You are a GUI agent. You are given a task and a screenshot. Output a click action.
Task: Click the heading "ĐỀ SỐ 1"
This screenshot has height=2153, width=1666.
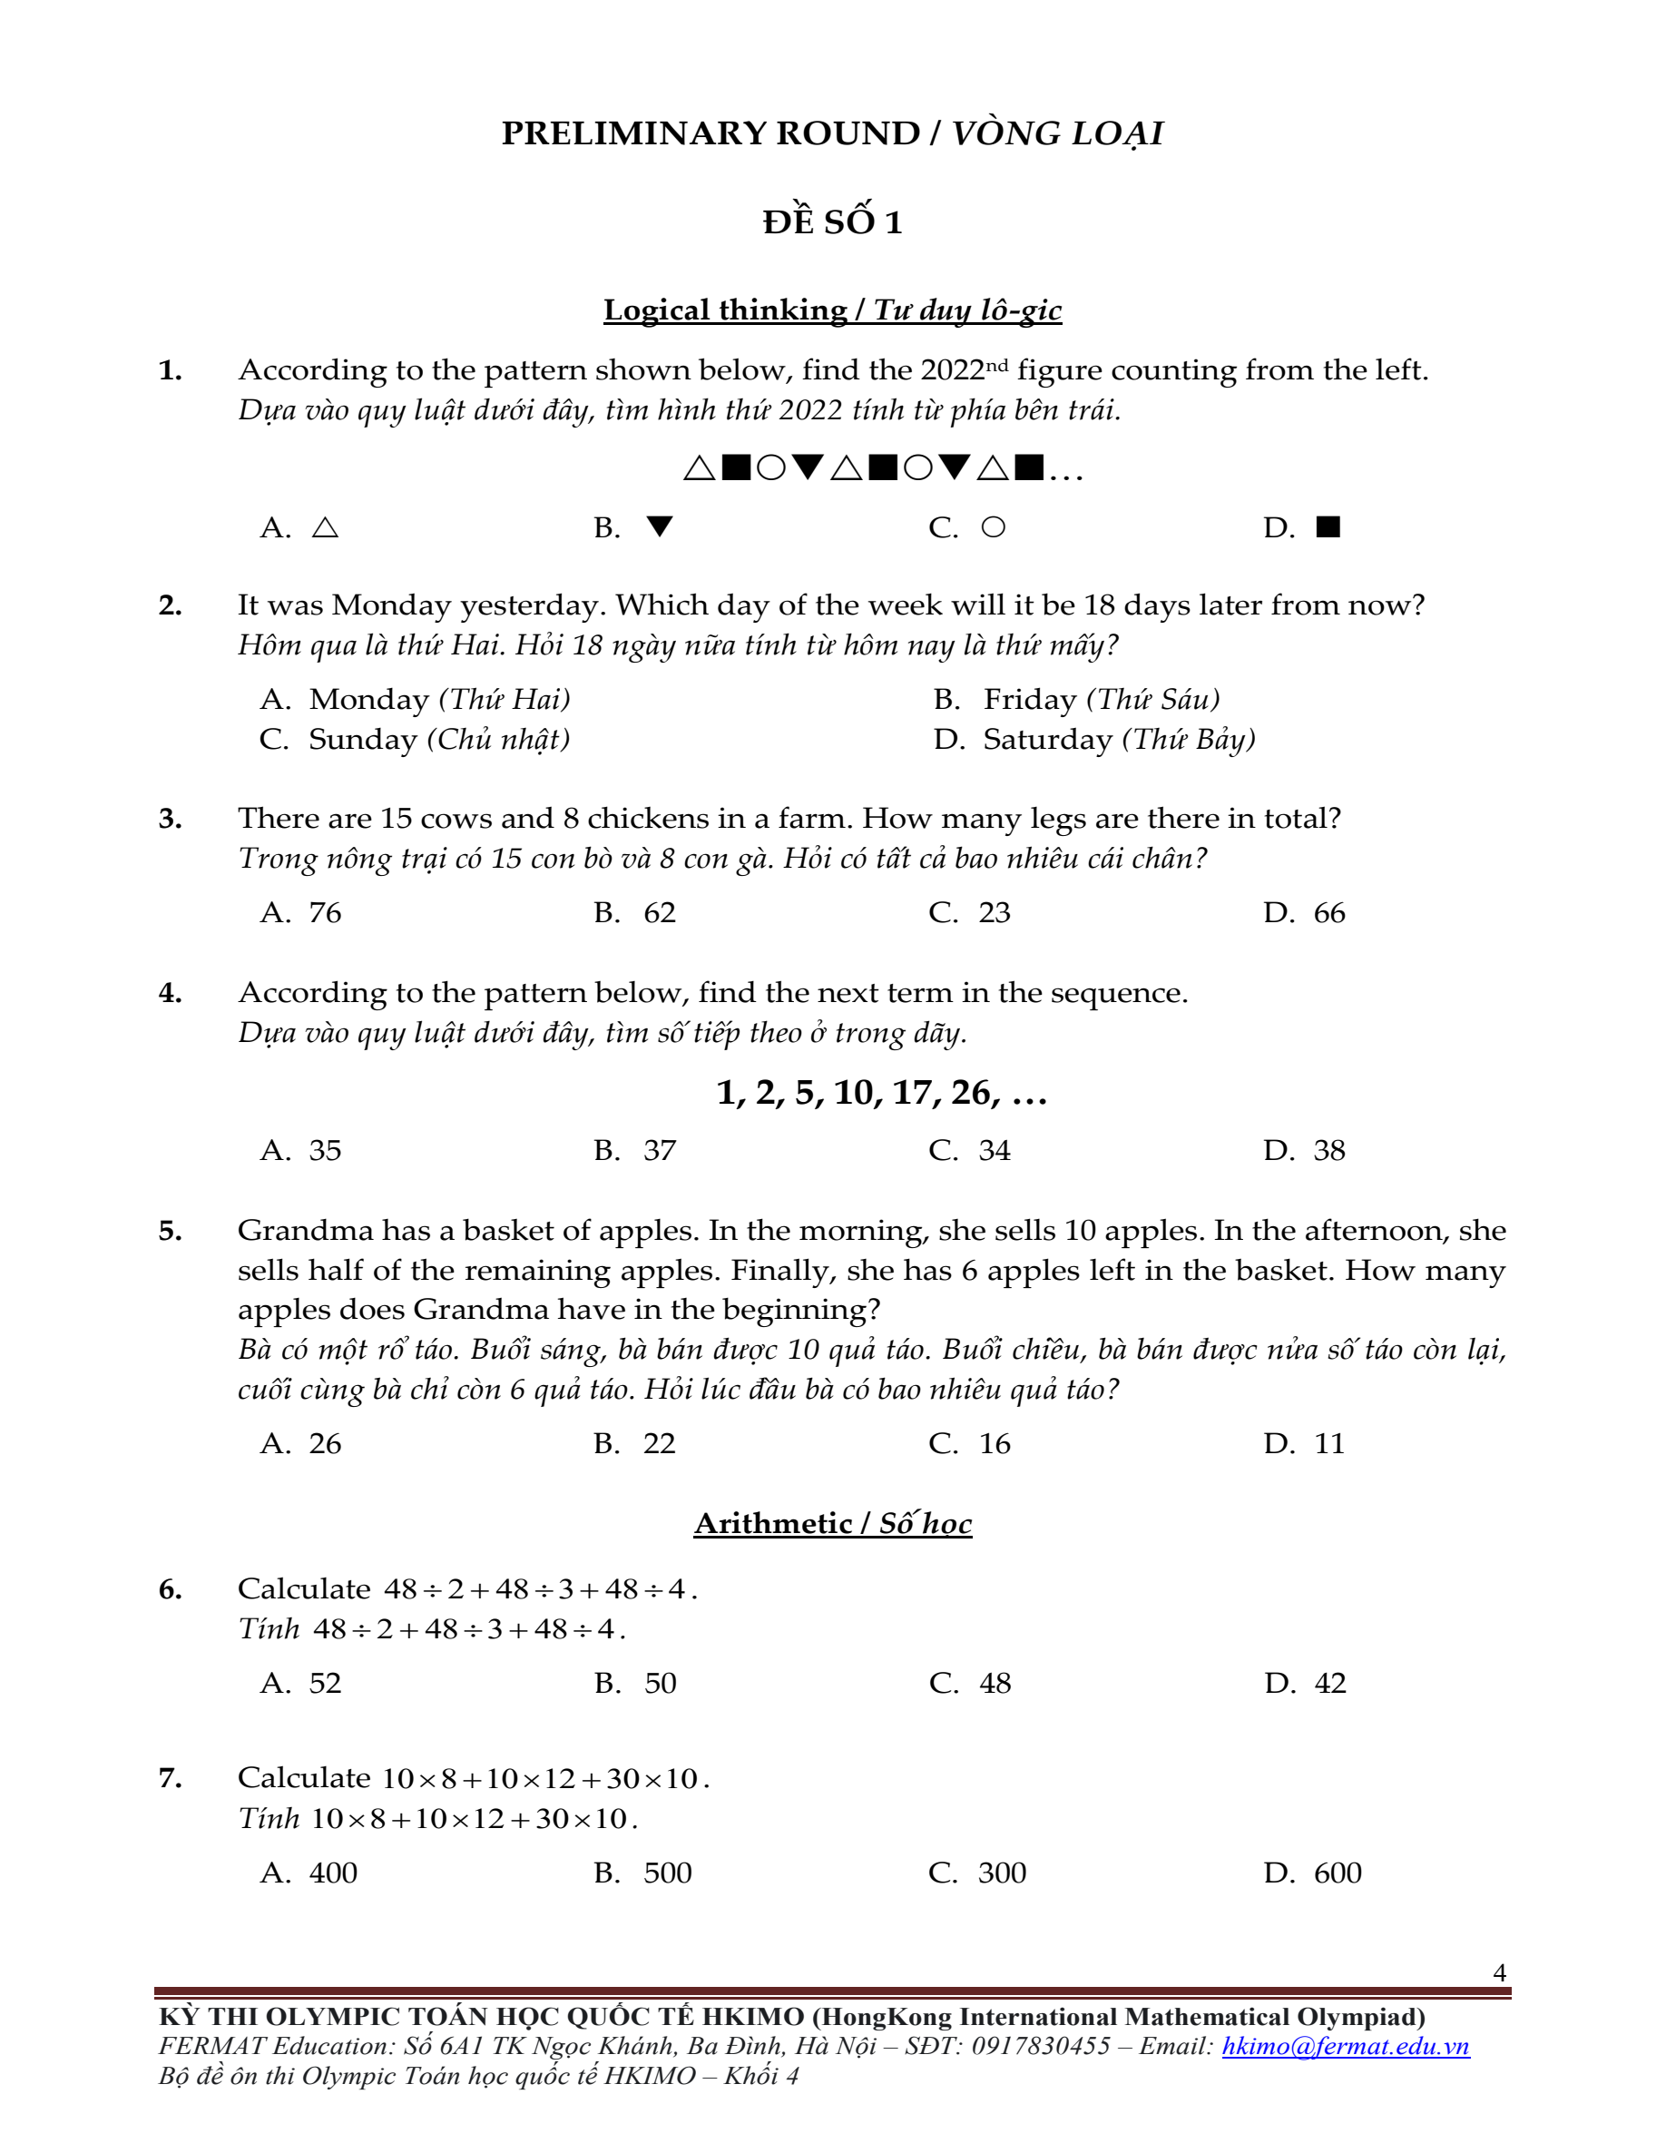832,221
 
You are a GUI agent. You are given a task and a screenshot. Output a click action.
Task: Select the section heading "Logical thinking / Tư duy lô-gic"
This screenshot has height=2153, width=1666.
832,310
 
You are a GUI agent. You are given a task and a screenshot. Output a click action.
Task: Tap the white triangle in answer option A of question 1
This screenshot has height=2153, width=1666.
326,528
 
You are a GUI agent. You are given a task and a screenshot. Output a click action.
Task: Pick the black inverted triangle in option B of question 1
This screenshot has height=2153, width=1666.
660,527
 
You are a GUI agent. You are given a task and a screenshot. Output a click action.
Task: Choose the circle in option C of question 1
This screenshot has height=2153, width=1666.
994,527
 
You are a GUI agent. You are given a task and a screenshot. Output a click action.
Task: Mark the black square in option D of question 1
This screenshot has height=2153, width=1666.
1328,527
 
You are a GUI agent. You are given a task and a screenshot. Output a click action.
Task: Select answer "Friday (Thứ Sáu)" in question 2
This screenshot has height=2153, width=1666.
1101,699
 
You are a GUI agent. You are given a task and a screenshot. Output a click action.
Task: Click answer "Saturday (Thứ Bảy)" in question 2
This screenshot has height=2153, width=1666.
1119,740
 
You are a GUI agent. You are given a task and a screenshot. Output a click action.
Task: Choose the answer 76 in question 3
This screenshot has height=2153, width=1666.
326,913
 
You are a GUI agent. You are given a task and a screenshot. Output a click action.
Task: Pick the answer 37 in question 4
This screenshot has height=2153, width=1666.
660,1150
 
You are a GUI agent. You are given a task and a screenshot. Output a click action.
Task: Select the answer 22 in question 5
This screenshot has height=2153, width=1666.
660,1443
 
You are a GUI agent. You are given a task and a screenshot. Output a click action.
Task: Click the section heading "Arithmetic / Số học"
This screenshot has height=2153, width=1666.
832,1524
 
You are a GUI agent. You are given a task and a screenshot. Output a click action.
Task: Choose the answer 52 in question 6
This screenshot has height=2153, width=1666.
326,1683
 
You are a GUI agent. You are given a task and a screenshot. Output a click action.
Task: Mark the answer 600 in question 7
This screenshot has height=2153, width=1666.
1338,1873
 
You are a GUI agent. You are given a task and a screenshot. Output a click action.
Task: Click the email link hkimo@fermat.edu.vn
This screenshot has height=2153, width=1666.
1346,2047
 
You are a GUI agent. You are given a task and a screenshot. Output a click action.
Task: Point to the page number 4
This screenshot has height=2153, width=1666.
1499,1972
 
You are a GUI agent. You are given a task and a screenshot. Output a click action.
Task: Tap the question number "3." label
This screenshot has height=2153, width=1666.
171,820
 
